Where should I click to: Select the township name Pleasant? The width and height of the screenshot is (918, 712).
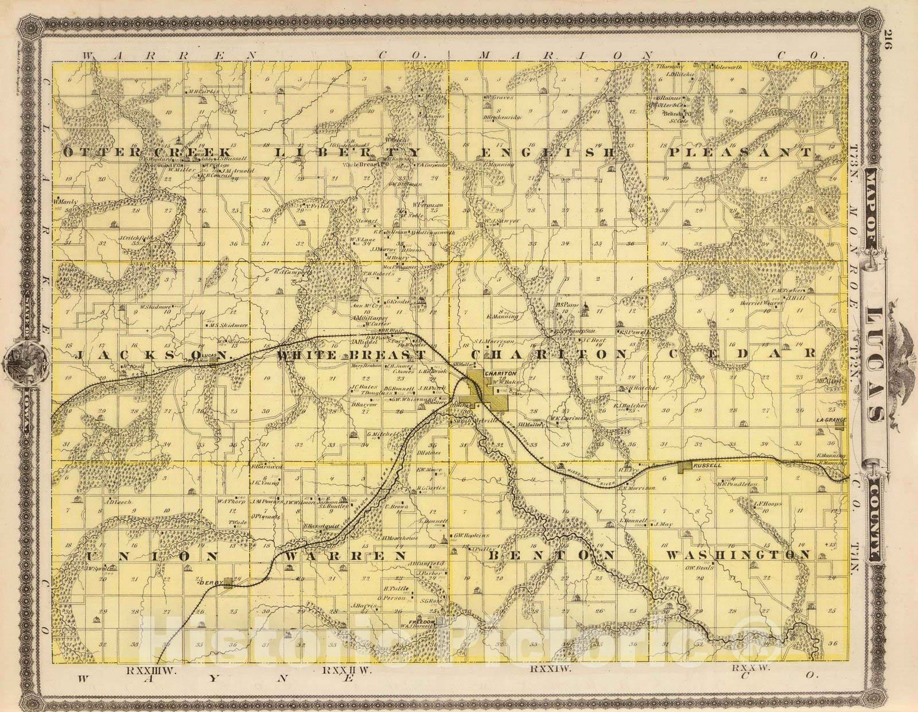(740, 153)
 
